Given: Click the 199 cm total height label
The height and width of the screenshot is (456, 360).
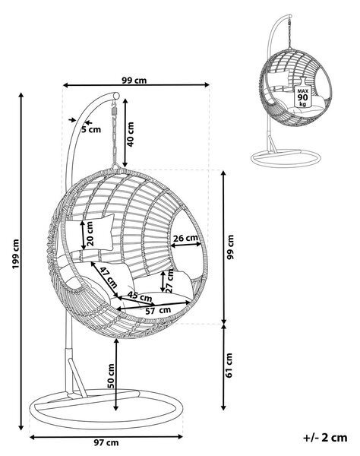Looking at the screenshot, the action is tap(15, 254).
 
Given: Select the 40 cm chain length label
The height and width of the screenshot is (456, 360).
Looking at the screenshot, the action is tap(131, 134).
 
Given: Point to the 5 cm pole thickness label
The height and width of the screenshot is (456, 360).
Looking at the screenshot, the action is tap(91, 129).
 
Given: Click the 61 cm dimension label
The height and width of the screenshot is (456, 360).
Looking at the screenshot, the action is tap(229, 366).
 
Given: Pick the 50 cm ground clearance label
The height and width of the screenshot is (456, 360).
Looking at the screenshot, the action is tap(111, 375).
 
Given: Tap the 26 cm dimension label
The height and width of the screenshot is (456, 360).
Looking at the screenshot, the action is tap(185, 238).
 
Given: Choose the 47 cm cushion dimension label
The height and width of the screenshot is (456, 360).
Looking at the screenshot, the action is tap(108, 277).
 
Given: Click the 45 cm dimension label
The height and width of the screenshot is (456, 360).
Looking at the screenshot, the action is tap(140, 296).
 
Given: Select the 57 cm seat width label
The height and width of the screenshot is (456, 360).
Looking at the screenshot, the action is tap(158, 311).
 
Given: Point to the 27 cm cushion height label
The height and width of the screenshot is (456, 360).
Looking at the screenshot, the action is tap(169, 280).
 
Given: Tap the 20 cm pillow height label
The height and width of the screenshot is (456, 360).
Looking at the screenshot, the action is tap(90, 233).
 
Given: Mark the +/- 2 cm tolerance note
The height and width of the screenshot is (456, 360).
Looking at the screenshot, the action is tap(325, 438).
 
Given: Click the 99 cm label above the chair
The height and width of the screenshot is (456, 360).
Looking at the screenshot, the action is tap(134, 80).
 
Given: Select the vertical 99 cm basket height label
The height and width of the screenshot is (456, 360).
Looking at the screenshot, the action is tap(230, 247).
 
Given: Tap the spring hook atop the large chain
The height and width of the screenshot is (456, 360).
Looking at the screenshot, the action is tap(113, 110).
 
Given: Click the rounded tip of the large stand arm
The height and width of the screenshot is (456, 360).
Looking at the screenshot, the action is tap(116, 96).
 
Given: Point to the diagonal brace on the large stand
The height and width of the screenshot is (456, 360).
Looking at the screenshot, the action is tap(77, 378).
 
